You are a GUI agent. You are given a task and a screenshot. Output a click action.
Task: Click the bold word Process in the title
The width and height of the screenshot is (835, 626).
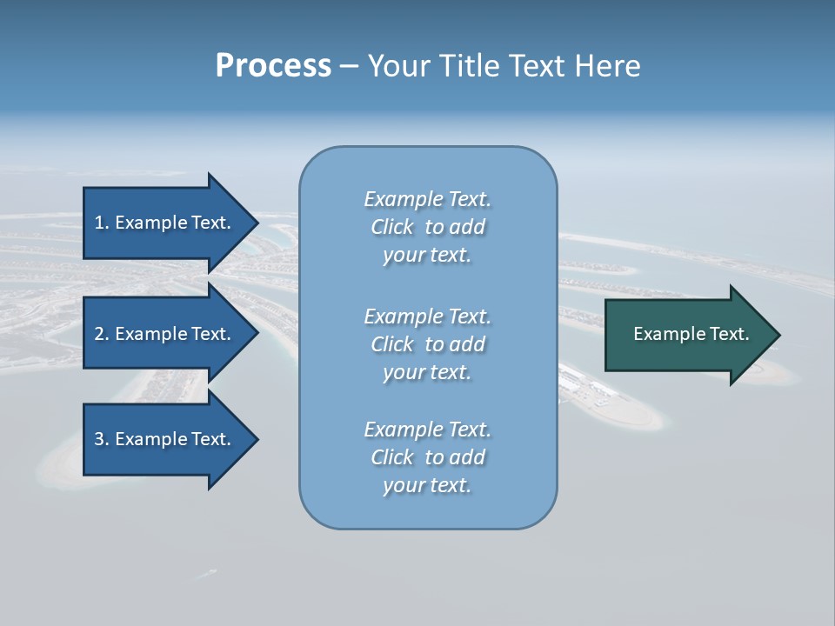coord(273,66)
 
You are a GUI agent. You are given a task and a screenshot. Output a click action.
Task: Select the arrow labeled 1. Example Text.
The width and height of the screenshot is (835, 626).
coord(165,223)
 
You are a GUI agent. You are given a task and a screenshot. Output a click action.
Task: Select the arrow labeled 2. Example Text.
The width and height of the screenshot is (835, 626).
coord(165,334)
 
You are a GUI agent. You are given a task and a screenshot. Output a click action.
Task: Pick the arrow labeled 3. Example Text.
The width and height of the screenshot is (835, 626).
coord(165,439)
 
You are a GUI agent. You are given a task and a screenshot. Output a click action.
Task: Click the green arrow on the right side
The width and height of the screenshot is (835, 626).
coord(687,335)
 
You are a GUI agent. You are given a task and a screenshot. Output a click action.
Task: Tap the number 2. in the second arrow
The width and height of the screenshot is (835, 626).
coord(101,334)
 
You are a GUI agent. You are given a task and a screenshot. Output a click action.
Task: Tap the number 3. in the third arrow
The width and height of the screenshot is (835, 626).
coord(101,439)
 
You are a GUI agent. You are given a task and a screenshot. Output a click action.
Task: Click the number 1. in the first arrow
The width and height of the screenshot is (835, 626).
coord(101,223)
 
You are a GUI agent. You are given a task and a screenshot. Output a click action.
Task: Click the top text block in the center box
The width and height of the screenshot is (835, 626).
coord(427,227)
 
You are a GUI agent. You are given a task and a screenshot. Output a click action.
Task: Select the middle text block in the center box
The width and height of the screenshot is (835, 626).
coord(427,344)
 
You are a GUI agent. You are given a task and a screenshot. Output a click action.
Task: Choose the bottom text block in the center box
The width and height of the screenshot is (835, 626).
coord(427,457)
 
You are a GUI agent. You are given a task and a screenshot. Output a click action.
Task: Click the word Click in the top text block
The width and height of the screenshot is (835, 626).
coord(392,227)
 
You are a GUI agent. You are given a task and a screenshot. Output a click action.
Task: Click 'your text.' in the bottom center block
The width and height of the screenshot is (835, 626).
coord(427,485)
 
